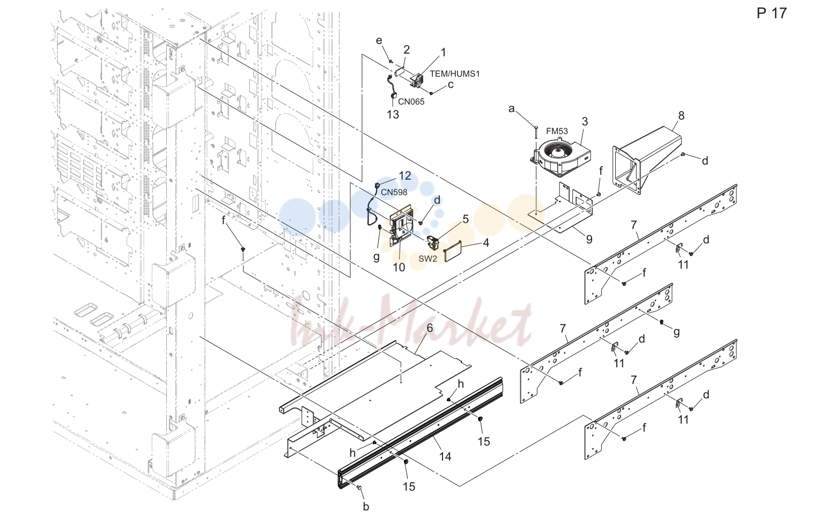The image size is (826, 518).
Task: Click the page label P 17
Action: coord(772,13)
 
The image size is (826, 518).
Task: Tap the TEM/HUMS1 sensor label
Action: coord(455,74)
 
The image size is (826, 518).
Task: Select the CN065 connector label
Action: coord(411,102)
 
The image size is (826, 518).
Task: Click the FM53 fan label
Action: coord(557,131)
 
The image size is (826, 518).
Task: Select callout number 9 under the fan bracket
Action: coord(589,239)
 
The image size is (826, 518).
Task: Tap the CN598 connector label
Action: coord(394,192)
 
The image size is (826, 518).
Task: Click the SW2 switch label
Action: coord(428,259)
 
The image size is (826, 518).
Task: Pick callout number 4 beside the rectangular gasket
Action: coord(486,242)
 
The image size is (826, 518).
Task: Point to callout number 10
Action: coord(399,267)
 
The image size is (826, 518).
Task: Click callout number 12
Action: coord(405,175)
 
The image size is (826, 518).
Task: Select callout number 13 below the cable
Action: coord(393,115)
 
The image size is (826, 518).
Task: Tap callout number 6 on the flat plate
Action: coord(430,328)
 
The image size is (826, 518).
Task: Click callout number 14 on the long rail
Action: coord(445,457)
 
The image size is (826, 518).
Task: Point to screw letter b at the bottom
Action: coord(366,507)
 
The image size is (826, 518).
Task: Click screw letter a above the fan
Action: coord(511,109)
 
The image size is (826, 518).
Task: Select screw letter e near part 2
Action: coord(379,41)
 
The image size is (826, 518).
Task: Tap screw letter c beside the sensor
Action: coord(450,85)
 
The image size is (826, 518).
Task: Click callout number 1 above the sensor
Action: coord(443,53)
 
